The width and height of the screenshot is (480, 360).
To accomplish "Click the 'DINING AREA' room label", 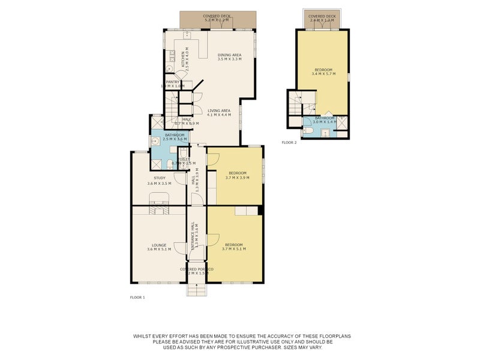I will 229,55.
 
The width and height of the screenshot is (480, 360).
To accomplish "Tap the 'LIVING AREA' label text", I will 219,110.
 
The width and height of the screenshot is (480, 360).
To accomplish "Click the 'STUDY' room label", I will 159,178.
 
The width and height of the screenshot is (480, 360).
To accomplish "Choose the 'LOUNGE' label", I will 159,245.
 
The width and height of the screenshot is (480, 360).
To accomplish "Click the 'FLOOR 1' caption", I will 137,297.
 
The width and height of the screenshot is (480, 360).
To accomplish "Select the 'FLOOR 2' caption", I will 289,143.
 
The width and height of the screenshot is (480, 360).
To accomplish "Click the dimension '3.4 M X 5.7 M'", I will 323,74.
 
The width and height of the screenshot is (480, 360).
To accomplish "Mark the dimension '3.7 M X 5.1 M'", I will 234,249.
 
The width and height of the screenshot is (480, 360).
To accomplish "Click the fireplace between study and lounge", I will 160,209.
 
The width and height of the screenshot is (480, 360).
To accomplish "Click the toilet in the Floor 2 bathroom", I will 307,130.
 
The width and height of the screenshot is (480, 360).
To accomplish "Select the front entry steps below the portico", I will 196,289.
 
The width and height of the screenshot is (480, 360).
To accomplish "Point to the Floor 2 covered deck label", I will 322,17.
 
